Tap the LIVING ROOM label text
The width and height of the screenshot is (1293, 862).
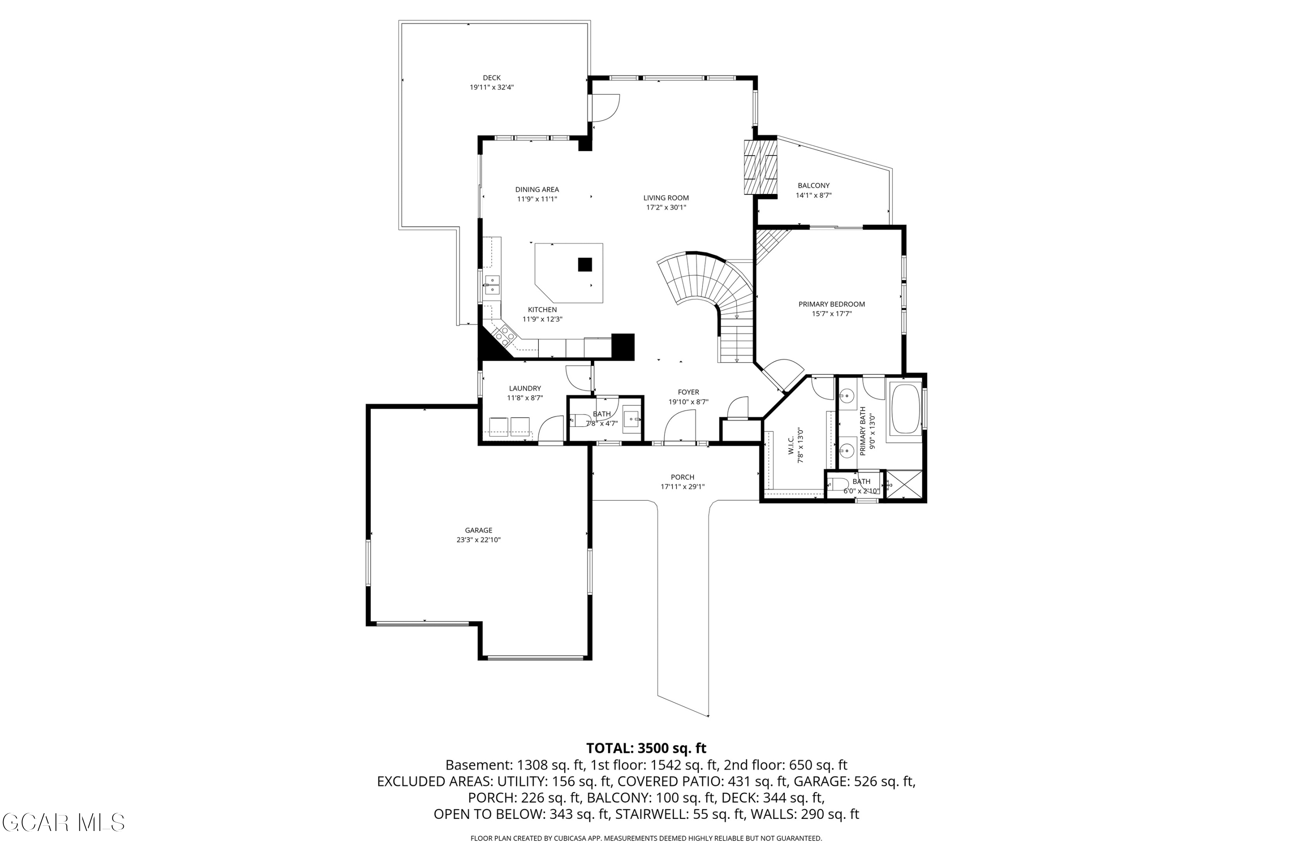tap(666, 198)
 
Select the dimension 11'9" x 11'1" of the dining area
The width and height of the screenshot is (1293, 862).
tap(537, 199)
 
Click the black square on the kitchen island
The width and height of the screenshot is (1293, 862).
tap(585, 265)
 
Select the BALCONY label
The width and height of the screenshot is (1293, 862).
tap(814, 186)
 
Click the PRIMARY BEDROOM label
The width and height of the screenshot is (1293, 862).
tap(831, 304)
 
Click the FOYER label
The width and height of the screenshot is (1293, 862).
tap(688, 392)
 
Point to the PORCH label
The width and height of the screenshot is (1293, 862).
tap(682, 477)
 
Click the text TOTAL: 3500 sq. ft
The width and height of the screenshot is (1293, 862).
tap(646, 748)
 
